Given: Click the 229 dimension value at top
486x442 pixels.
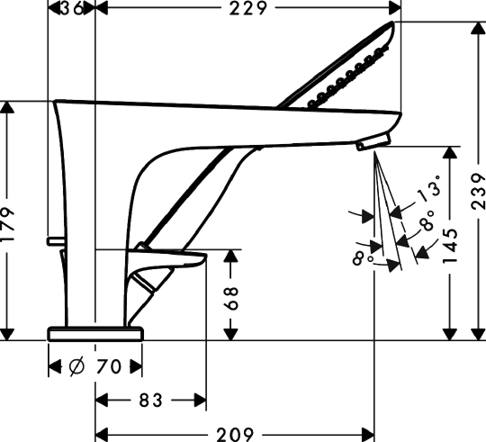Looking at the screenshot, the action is tap(247, 8).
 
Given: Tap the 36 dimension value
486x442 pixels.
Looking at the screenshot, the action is tap(72, 8).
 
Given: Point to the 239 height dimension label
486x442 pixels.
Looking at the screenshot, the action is tap(478, 192).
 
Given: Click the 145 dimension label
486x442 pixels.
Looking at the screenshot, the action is tap(450, 246).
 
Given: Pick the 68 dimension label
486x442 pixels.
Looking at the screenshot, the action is tap(231, 298).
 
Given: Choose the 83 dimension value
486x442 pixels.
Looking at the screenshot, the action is tap(150, 401).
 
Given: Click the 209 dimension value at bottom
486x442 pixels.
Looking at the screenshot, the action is tap(235, 434).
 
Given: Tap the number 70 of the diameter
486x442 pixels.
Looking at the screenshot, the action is tap(108, 366).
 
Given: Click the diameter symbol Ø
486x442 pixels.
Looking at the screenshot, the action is tap(76, 366).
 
